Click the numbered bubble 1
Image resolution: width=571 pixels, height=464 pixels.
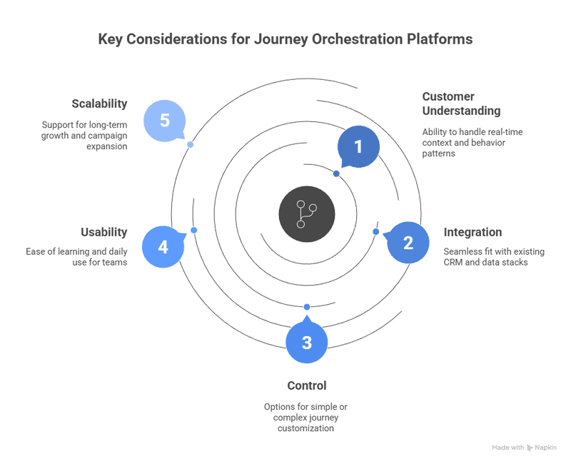click(358, 147)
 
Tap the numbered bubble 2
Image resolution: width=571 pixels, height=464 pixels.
click(408, 243)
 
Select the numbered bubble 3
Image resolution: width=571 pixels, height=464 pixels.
click(307, 342)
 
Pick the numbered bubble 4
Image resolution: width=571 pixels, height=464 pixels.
click(163, 247)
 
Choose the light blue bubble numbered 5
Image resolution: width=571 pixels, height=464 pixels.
click(165, 120)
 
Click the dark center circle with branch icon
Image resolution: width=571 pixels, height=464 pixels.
click(307, 213)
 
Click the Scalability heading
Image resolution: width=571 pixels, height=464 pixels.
click(99, 104)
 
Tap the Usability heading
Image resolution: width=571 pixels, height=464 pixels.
click(104, 232)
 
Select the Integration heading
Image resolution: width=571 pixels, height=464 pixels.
click(473, 232)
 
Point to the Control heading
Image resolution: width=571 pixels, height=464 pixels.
click(307, 385)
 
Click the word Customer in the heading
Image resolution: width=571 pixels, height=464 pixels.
click(448, 96)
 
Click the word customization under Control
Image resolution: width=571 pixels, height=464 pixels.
click(307, 428)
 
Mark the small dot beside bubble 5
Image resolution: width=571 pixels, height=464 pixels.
click(190, 144)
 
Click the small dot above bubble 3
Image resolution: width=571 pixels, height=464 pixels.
click(307, 307)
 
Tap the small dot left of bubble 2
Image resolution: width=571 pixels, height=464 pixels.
click(376, 231)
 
